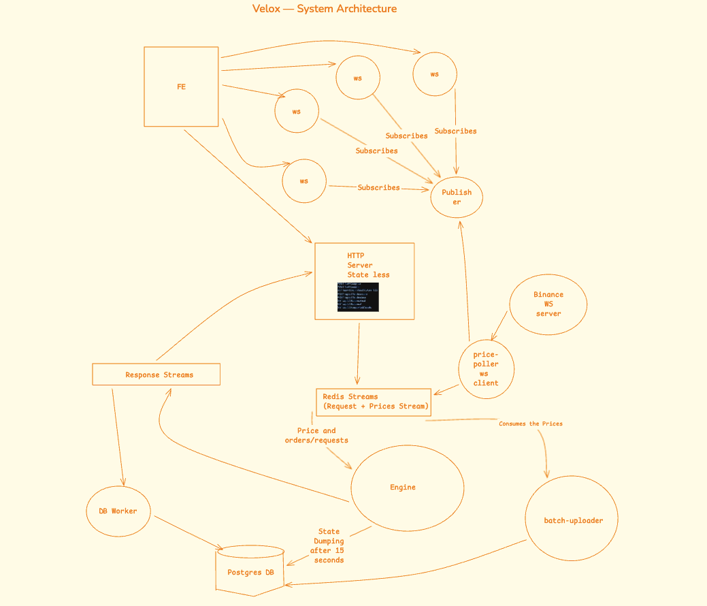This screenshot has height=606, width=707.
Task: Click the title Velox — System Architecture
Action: pos(324,9)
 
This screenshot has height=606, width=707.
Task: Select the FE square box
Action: pos(181,86)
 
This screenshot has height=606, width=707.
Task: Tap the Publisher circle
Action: pos(457,197)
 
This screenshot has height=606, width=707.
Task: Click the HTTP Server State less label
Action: pos(368,265)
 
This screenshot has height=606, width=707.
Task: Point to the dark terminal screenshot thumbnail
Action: pos(358,297)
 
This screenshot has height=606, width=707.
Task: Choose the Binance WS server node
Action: pos(548,304)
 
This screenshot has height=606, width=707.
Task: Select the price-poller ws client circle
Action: pos(485,368)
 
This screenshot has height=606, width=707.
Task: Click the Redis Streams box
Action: pos(374,402)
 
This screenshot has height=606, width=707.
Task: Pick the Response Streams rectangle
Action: pos(157,374)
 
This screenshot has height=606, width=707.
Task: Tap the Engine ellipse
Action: pos(406,488)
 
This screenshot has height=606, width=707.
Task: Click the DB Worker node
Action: pos(118,511)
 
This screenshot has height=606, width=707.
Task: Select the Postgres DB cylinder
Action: pos(250,571)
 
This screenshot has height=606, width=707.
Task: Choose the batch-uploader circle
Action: pos(572,520)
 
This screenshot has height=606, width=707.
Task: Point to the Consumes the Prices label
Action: pos(530,424)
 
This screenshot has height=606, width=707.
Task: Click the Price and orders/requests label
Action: pos(316,435)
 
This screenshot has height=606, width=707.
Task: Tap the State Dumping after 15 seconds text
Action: pos(328,545)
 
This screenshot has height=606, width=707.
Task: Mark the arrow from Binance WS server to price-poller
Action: pos(499,325)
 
